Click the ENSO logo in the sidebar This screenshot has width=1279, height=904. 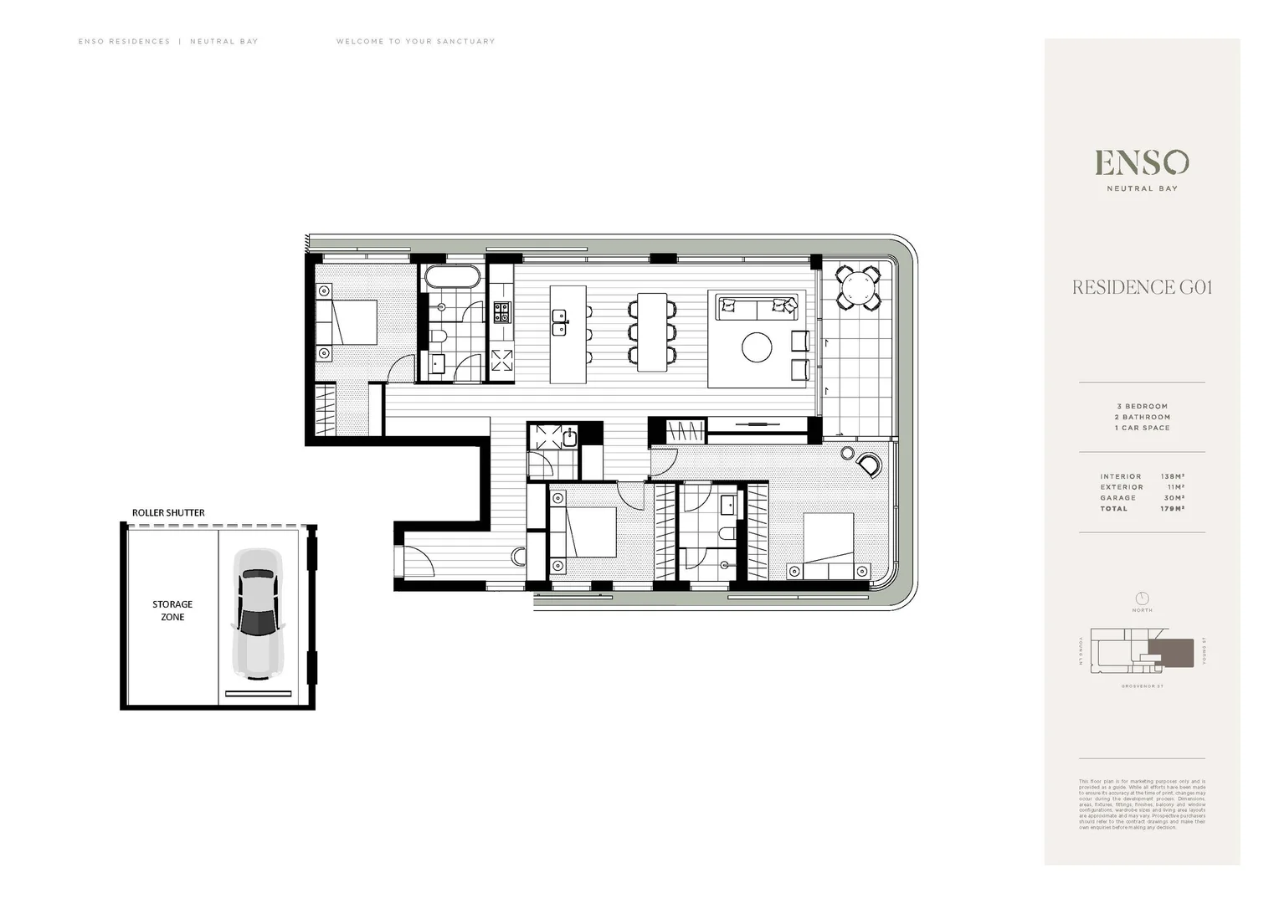pyautogui.click(x=1142, y=162)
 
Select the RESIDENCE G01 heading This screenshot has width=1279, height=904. pyautogui.click(x=1142, y=287)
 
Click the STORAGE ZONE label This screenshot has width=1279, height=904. pyautogui.click(x=172, y=610)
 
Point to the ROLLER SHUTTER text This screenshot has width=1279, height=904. pyautogui.click(x=168, y=512)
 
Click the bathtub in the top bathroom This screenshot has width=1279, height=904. pyautogui.click(x=453, y=278)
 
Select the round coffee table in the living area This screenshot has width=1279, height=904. pyautogui.click(x=757, y=347)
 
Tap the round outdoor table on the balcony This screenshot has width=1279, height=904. pyautogui.click(x=858, y=289)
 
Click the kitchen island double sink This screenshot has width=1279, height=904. pyautogui.click(x=559, y=321)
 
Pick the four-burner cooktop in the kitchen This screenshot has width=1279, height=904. pyautogui.click(x=501, y=312)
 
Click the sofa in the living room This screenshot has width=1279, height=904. pyautogui.click(x=758, y=308)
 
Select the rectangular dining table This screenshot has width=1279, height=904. pyautogui.click(x=652, y=331)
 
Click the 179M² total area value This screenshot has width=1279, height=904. pyautogui.click(x=1172, y=509)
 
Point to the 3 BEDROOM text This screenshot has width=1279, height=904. pyautogui.click(x=1142, y=406)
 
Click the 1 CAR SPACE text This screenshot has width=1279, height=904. pyautogui.click(x=1142, y=428)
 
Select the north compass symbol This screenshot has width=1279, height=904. pyautogui.click(x=1142, y=598)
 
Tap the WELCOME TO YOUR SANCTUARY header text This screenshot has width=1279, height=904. pyautogui.click(x=415, y=41)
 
